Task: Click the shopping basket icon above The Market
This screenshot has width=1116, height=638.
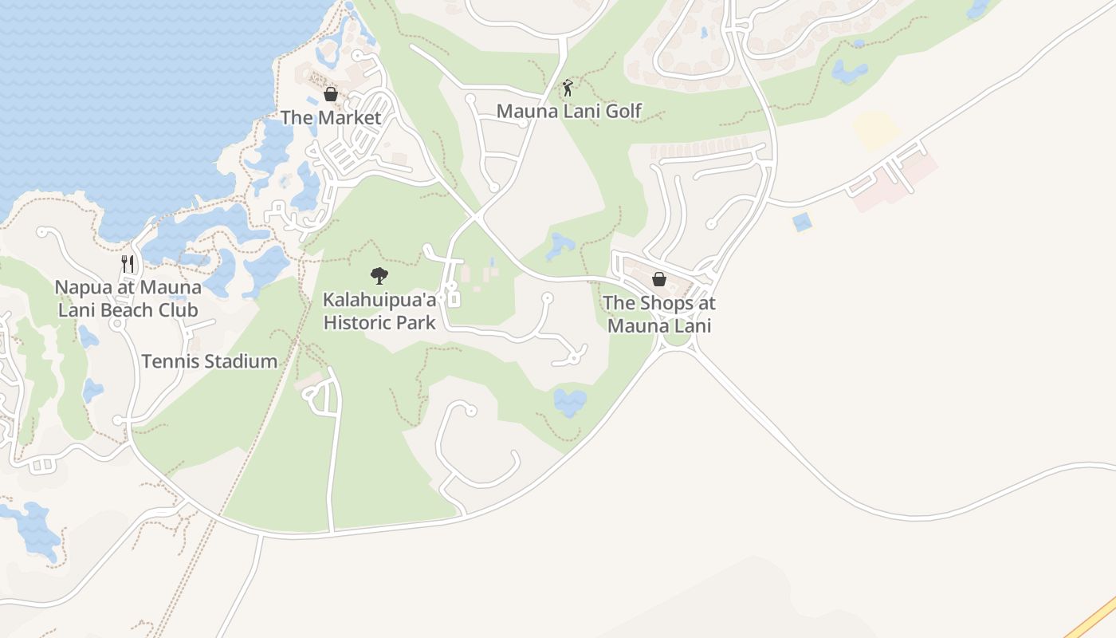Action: (x=331, y=95)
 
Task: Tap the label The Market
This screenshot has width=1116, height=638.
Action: (x=331, y=117)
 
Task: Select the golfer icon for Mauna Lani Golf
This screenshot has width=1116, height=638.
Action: (x=568, y=88)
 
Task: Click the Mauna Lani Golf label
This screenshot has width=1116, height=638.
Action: (x=568, y=111)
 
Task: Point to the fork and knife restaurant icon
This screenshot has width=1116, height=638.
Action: (x=128, y=264)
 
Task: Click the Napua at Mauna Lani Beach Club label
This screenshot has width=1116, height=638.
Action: (x=128, y=298)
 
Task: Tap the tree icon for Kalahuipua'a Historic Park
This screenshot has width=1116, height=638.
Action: (x=379, y=277)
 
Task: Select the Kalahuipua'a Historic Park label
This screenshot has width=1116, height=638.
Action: (x=379, y=311)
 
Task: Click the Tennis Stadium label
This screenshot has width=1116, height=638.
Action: (x=210, y=361)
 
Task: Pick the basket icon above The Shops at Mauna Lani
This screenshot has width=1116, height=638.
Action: (x=659, y=279)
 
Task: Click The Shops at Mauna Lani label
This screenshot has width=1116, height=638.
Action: (x=659, y=314)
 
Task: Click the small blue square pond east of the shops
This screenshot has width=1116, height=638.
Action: (x=802, y=222)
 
